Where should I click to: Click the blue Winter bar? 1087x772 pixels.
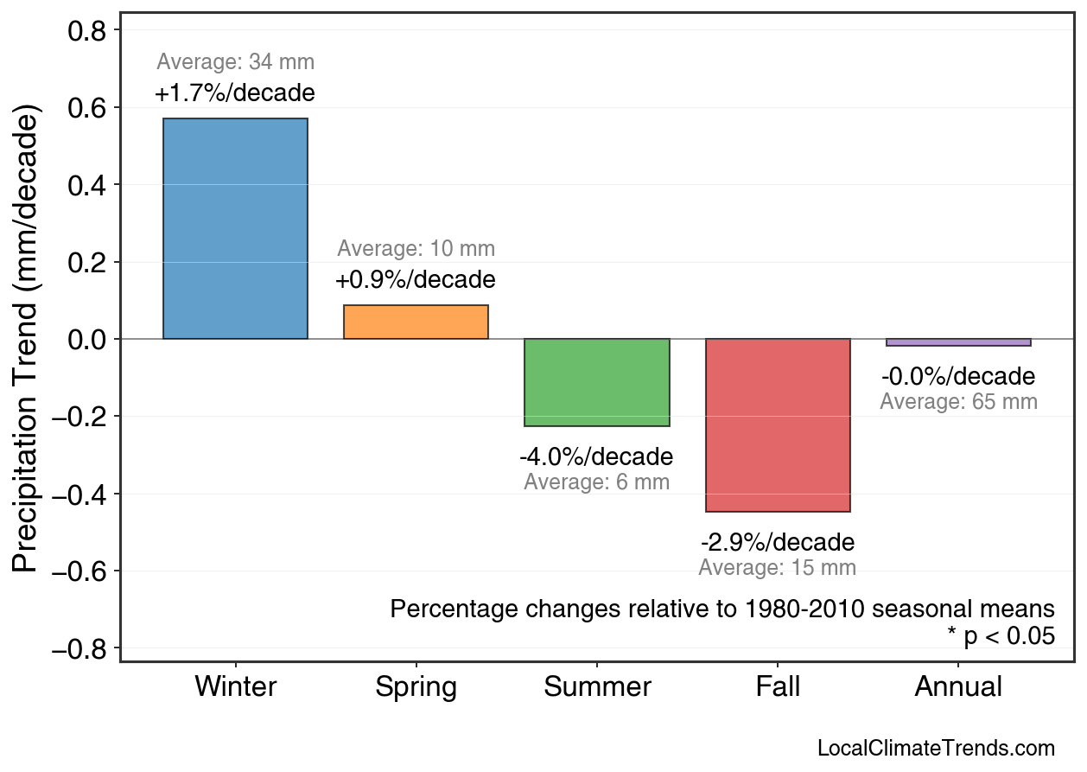click(235, 228)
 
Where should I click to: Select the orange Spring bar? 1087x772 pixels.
click(416, 322)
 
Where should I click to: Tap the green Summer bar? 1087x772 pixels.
click(596, 382)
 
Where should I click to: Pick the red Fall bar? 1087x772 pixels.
click(778, 425)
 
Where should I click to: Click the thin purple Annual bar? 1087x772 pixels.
click(958, 342)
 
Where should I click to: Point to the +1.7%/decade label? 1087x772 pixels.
click(235, 93)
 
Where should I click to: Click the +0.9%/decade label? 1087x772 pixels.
click(416, 280)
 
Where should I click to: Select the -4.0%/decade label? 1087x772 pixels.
click(596, 456)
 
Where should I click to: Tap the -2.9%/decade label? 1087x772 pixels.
click(778, 543)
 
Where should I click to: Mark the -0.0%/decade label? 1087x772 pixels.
click(958, 377)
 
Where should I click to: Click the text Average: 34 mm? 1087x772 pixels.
click(235, 62)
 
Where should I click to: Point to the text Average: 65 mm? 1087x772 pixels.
click(958, 402)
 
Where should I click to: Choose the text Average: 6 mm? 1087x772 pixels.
click(596, 482)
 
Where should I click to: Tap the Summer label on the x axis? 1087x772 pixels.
click(597, 687)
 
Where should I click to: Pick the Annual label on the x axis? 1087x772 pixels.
click(958, 687)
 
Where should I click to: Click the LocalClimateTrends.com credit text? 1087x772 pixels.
click(936, 749)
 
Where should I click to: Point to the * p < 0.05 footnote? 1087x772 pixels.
click(1001, 636)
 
